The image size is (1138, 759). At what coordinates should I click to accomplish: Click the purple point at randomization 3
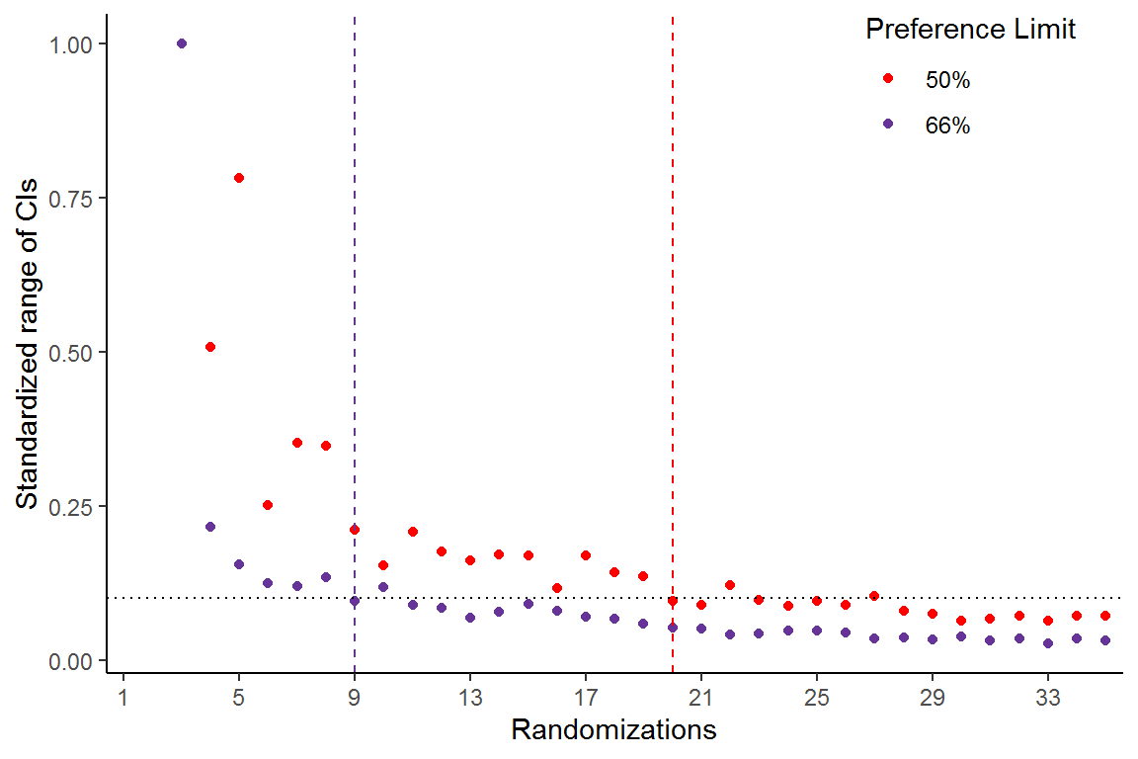point(181,43)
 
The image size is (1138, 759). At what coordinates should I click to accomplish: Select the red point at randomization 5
point(239,178)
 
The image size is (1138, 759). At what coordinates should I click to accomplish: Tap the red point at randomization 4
point(210,347)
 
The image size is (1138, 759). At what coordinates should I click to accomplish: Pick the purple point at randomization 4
point(210,527)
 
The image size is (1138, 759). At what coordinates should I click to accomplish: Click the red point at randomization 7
point(297,443)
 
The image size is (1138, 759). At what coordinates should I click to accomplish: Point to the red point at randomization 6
point(268,505)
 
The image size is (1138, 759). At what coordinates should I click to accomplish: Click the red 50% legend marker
point(887,79)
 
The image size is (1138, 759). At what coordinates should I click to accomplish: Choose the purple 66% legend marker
point(887,124)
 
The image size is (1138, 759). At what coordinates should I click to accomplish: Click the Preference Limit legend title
point(970,31)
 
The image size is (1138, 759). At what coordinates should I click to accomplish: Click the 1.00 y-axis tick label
point(74,44)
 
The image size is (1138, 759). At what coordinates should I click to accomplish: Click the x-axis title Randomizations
point(613,731)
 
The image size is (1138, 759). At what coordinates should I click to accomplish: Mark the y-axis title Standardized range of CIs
point(28,344)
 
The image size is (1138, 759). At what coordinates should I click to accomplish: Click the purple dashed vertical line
point(355,296)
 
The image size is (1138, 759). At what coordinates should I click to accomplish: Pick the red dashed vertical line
point(673,296)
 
